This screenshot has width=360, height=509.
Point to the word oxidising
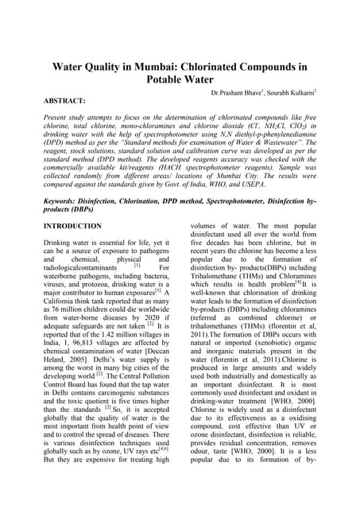[314, 430]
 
